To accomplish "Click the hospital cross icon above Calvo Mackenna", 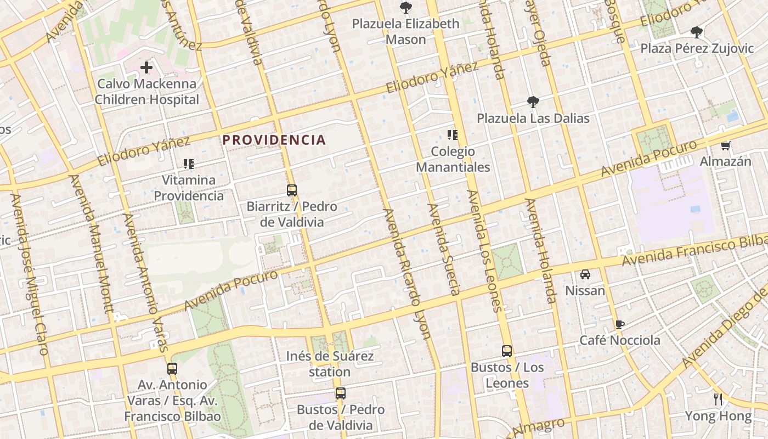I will click(146, 67).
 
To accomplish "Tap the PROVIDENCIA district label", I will click(274, 140).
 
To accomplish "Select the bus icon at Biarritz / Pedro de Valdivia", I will click(292, 190).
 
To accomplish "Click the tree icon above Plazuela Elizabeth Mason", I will click(406, 8).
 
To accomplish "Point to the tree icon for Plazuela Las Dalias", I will click(532, 102).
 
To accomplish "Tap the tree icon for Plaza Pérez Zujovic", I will click(697, 32).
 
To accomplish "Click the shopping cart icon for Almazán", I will click(726, 145).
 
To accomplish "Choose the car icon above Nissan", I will click(585, 274).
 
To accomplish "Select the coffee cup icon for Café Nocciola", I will click(620, 324).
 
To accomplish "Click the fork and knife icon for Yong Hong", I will click(718, 399).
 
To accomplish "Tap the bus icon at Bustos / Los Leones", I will click(507, 351).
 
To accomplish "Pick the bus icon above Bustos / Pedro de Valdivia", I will click(341, 393).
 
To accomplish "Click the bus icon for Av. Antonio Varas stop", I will click(172, 368).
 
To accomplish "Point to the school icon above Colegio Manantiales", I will click(453, 134).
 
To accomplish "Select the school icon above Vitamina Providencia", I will click(189, 164).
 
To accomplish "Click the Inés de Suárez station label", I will click(330, 364).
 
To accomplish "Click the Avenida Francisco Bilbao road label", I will click(694, 250).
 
